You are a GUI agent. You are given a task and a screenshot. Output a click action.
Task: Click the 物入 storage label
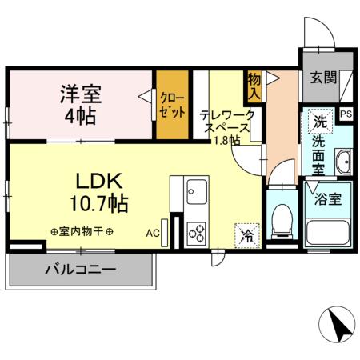tap(254, 86)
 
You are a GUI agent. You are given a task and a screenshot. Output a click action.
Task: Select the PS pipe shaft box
tap(346, 114)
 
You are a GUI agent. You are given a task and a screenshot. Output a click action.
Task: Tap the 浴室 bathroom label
tap(328, 198)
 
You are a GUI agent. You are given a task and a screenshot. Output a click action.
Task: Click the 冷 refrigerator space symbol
tap(246, 235)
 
